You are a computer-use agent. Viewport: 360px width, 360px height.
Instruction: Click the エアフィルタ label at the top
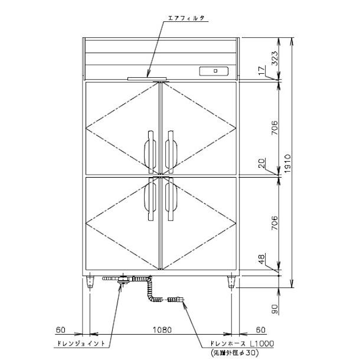click(x=186, y=18)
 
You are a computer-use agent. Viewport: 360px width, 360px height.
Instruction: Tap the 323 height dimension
click(x=275, y=58)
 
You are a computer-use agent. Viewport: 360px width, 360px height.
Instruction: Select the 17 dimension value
click(x=262, y=70)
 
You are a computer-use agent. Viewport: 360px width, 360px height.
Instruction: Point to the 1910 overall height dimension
click(x=287, y=163)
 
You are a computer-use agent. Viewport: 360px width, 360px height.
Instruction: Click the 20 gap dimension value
click(x=262, y=163)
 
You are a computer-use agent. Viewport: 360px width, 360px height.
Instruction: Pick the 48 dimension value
click(x=262, y=259)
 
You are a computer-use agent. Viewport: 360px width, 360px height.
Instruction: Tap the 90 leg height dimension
click(x=275, y=309)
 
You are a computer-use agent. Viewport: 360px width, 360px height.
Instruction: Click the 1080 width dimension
click(x=162, y=330)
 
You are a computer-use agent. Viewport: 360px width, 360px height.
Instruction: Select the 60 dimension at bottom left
click(x=61, y=330)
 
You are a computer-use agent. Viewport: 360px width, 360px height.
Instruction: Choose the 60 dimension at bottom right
click(x=261, y=330)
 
